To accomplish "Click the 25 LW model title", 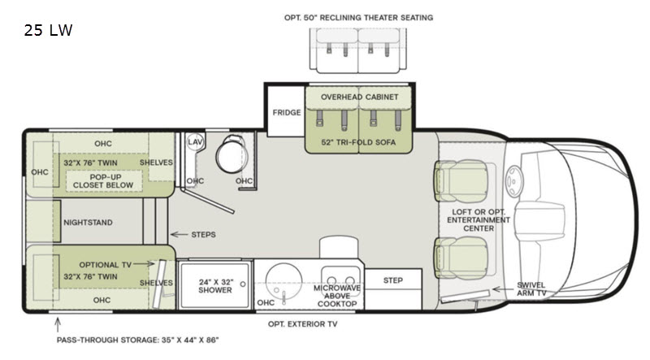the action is [x=48, y=30].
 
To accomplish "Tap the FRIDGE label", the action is [x=287, y=112].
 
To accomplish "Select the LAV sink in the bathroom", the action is [x=194, y=142].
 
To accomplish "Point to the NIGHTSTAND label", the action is [x=88, y=223].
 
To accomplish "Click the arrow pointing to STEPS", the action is [x=179, y=234].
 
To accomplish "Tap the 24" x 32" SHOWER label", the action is [x=215, y=286].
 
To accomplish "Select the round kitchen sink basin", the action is [x=284, y=280].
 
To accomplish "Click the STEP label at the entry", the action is [x=393, y=280].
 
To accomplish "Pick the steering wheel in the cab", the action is [x=514, y=181].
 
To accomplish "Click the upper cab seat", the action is [x=461, y=181].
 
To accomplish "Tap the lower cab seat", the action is [x=461, y=257].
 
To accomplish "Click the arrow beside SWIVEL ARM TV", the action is [x=502, y=289].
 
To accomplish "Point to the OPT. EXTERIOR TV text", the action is [x=302, y=324].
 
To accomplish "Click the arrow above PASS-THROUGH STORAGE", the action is [x=58, y=325].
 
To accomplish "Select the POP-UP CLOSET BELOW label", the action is [x=103, y=181].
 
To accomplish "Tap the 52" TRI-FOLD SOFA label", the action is [x=358, y=142].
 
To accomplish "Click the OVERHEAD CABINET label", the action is [x=359, y=97].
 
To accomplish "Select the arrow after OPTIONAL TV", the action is [x=144, y=264].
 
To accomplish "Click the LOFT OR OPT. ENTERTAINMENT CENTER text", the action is [x=479, y=219].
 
